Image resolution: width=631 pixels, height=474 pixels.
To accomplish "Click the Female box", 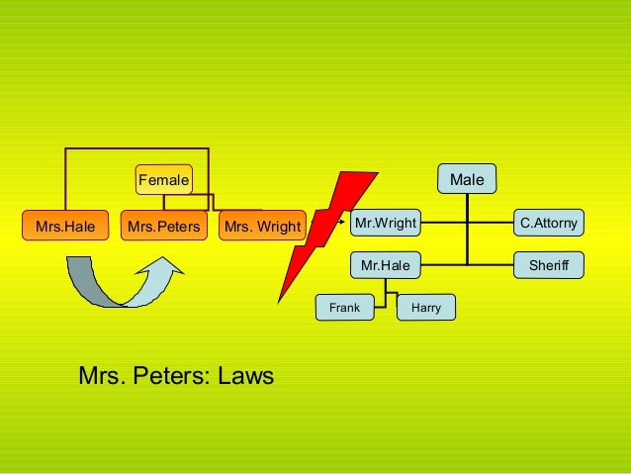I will pos(163,179).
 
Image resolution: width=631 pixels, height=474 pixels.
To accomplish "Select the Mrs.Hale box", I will pos(65,227).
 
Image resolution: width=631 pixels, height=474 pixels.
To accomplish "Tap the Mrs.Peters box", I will pos(163,227).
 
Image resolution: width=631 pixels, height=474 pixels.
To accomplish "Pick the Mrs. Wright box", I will pos(262,227).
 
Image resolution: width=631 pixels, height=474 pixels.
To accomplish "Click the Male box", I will pos(467,179).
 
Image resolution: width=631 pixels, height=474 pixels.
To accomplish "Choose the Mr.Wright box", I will pos(386,224).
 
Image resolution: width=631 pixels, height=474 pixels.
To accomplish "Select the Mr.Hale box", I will pos(386,265).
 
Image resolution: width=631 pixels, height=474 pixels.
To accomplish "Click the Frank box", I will pos(344,308).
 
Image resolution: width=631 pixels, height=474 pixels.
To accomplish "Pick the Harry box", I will pos(426,308).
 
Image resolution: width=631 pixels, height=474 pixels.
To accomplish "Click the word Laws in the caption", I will pos(245,376).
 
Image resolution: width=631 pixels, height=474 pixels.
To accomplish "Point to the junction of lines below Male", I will pos(467,224).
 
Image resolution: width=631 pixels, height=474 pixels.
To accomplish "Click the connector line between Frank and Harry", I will pos(396,294).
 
